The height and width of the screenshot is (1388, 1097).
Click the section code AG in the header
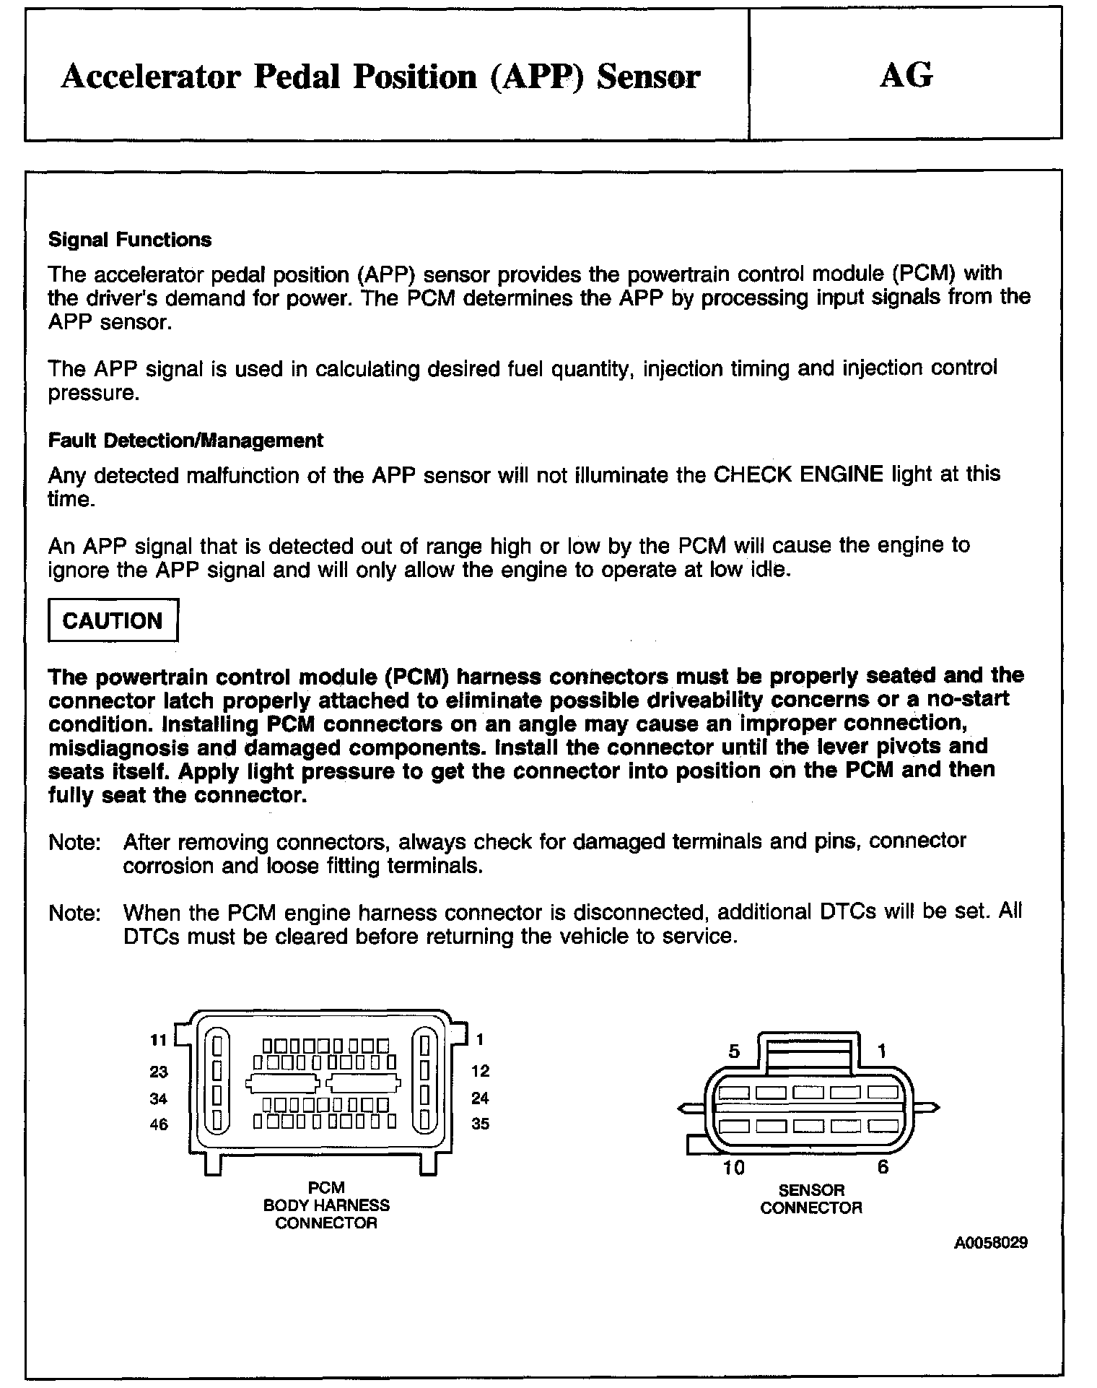pos(906,75)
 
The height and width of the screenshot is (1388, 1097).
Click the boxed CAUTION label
pos(113,620)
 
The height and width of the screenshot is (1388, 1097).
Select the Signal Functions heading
pos(130,240)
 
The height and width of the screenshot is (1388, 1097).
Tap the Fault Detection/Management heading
pos(185,440)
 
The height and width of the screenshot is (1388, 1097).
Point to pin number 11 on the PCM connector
pos(159,1040)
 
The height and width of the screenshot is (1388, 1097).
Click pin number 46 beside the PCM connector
pos(159,1124)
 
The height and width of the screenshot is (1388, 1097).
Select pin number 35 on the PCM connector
pos(480,1124)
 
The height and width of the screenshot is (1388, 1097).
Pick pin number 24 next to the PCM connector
pos(480,1098)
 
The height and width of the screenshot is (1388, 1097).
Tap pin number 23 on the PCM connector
pos(159,1072)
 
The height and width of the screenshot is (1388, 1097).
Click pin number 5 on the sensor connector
pos(734,1051)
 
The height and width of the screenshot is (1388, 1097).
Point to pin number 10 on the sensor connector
pos(733,1168)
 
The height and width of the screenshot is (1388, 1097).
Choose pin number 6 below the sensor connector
pos(883,1167)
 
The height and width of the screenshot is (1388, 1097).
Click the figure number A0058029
pos(991,1243)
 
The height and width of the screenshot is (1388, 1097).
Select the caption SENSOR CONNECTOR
pos(811,1199)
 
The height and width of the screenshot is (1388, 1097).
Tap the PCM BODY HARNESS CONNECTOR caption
pos(326,1205)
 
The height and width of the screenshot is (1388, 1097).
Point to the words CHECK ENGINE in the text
pos(798,474)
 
